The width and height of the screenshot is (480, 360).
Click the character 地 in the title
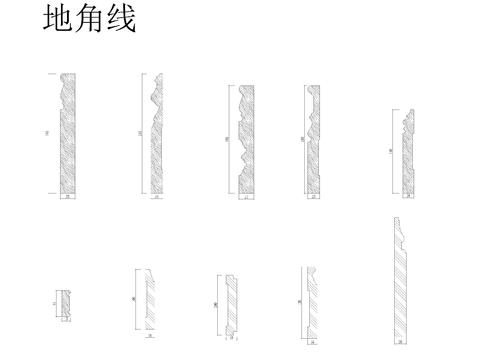(x=59, y=20)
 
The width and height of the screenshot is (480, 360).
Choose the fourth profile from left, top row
(x=312, y=139)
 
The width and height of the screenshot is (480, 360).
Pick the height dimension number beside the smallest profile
(x=54, y=302)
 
